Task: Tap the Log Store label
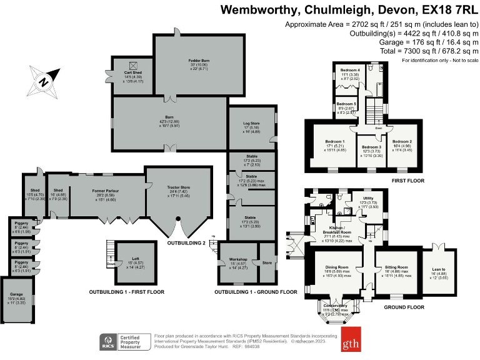point(251,123)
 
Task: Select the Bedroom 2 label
point(401,142)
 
